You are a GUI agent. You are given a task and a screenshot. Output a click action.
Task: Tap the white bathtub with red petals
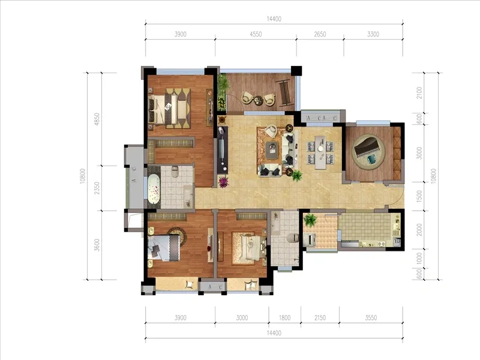pyautogui.click(x=154, y=189)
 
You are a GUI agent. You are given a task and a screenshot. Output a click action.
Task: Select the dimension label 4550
pyautogui.click(x=256, y=34)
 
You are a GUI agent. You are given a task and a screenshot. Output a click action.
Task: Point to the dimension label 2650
pyautogui.click(x=320, y=34)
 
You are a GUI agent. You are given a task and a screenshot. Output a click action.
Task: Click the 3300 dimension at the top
pyautogui.click(x=373, y=34)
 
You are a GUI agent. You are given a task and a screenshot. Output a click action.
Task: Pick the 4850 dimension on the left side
pyautogui.click(x=97, y=119)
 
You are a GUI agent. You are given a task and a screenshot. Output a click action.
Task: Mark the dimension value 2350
pyautogui.click(x=97, y=188)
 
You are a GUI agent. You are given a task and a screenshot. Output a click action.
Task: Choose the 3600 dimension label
pyautogui.click(x=97, y=245)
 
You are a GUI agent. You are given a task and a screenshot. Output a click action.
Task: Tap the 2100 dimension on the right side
pyautogui.click(x=419, y=93)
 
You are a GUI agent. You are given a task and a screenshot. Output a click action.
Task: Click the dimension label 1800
pyautogui.click(x=284, y=318)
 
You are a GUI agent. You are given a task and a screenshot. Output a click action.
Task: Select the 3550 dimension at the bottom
pyautogui.click(x=371, y=318)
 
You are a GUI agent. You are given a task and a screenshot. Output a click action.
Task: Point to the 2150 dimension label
pyautogui.click(x=320, y=318)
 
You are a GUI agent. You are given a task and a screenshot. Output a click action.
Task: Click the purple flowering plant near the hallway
pyautogui.click(x=223, y=182)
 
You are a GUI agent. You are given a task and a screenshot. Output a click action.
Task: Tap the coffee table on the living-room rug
pyautogui.click(x=272, y=149)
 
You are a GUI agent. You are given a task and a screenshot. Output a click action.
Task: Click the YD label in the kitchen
pyautogui.click(x=397, y=241)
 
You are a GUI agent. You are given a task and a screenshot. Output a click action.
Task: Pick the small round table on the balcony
pyautogui.click(x=258, y=100)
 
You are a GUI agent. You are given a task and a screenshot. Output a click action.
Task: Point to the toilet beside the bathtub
pyautogui.click(x=175, y=172)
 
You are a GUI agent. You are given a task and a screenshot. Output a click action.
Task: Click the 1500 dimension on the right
pyautogui.click(x=419, y=196)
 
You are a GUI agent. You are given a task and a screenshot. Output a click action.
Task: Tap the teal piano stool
pyautogui.click(x=371, y=159)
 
